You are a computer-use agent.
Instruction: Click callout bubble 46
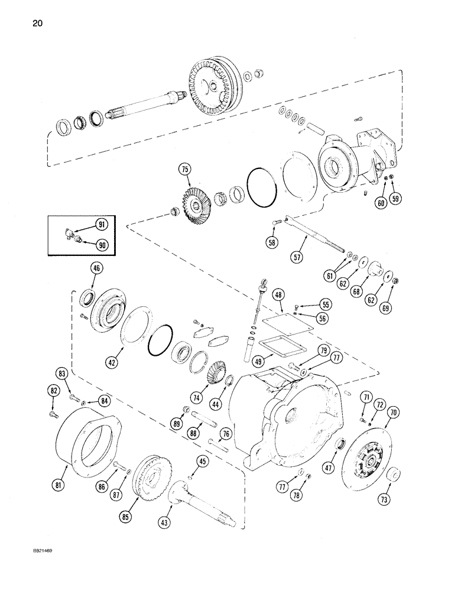[95, 269]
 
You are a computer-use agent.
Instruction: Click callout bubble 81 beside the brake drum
[57, 486]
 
